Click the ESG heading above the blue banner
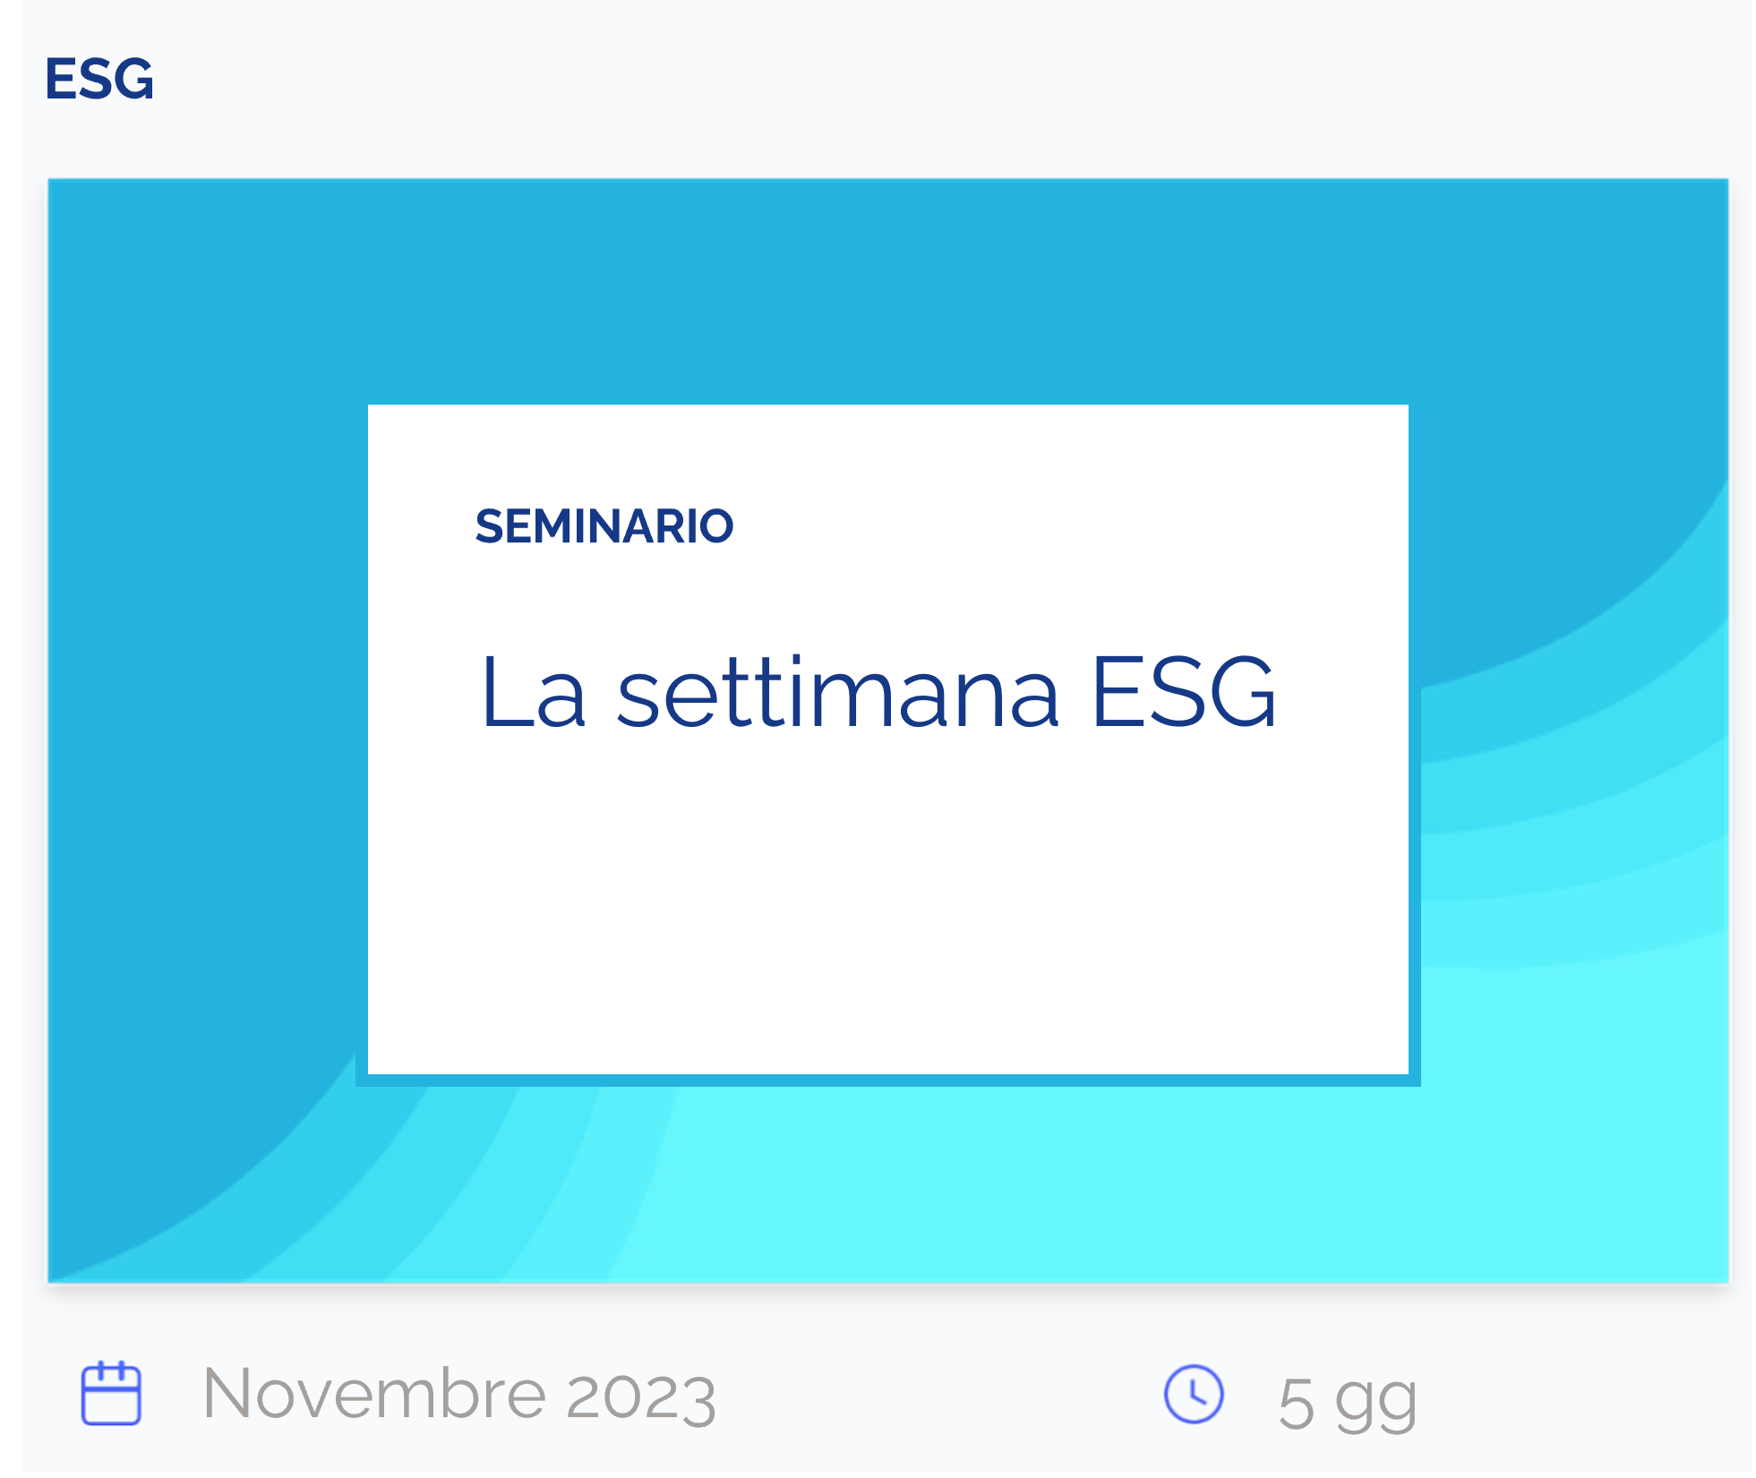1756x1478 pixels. coord(99,79)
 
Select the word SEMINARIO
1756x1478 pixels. coord(604,526)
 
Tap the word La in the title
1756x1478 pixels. coord(534,691)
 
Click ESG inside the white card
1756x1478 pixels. coord(1184,691)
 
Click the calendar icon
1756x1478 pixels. coord(111,1393)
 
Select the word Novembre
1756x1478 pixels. coord(374,1394)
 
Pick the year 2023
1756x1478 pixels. coord(641,1397)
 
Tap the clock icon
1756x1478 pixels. coord(1194,1394)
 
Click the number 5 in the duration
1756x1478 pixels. coord(1297,1404)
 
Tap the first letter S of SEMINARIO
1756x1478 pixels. coord(489,526)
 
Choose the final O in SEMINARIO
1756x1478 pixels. coord(715,526)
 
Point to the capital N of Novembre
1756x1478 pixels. coord(229,1394)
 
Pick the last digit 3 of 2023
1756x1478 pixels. coord(698,1397)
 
